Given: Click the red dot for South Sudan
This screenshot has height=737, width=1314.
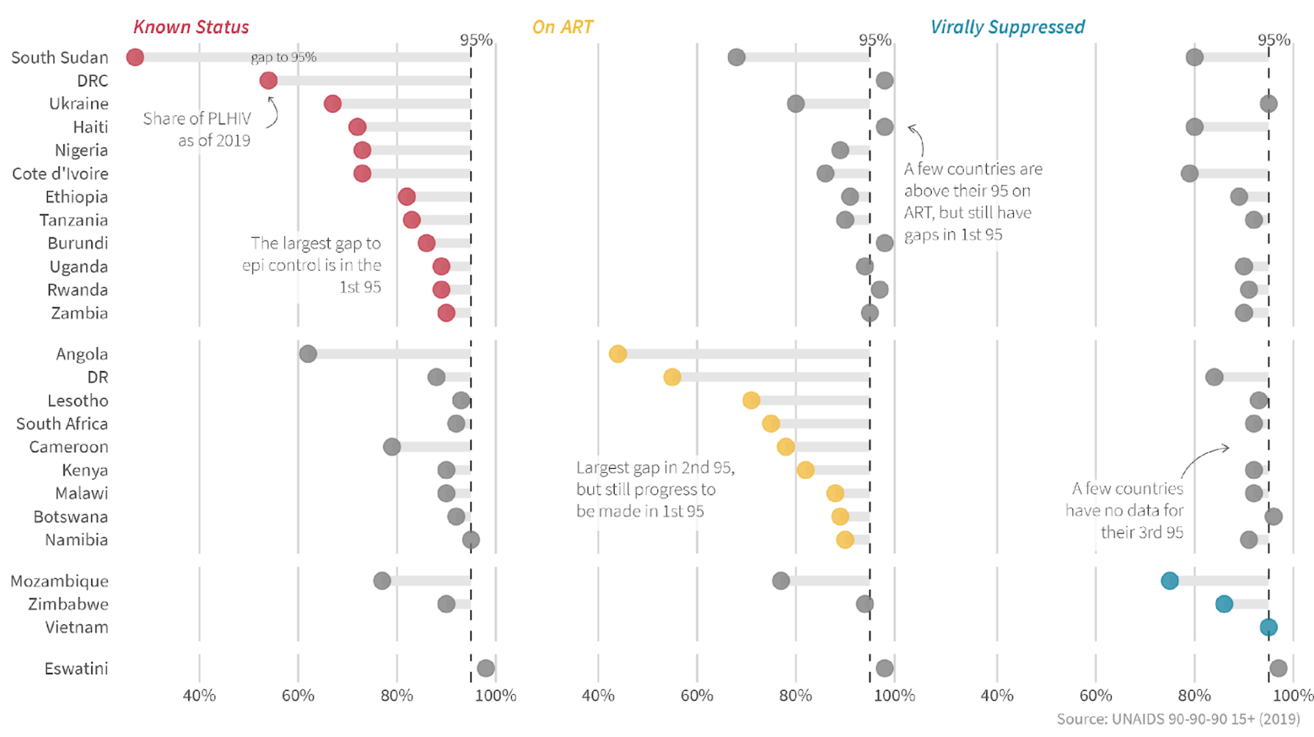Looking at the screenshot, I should [x=135, y=57].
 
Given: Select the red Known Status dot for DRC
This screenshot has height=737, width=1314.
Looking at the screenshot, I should [x=268, y=81].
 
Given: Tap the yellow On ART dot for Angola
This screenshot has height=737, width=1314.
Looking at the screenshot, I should [x=618, y=354].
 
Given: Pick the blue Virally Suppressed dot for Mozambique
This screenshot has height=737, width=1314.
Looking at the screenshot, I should [x=1170, y=580].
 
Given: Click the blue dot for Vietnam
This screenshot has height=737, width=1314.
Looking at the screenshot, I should [x=1268, y=627].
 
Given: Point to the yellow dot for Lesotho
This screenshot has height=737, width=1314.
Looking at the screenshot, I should [x=751, y=400].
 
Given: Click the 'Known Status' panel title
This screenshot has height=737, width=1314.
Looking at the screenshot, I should [x=191, y=27].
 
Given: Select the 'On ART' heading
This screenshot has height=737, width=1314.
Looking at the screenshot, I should [x=563, y=27].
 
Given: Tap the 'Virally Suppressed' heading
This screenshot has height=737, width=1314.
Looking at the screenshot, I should [x=1007, y=27].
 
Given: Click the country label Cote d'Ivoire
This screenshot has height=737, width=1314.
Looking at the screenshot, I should [x=60, y=174].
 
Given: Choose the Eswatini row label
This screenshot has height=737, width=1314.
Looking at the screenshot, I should [x=76, y=669].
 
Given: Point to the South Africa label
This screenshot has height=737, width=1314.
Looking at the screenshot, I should [x=62, y=424].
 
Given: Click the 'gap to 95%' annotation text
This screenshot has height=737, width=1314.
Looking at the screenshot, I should [x=283, y=57].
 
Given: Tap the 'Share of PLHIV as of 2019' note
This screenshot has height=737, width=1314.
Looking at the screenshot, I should [x=197, y=129].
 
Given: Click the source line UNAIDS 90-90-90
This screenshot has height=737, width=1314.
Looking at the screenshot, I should [x=1178, y=719].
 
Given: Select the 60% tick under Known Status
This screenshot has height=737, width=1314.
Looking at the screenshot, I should [x=298, y=696].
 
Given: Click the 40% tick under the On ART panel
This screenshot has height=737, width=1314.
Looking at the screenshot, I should [x=598, y=696].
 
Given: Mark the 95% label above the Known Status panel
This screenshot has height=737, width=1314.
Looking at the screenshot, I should [x=476, y=40].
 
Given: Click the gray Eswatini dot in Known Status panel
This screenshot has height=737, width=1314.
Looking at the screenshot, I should [x=486, y=668].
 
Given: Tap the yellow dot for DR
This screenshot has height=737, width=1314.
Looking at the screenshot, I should [x=672, y=377].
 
